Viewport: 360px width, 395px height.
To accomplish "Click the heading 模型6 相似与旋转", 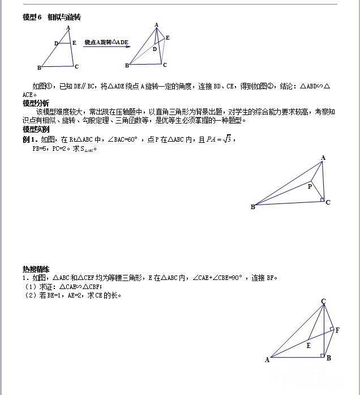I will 52,17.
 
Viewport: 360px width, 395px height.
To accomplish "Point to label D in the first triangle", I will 56,43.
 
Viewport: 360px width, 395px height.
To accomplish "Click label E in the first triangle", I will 75,43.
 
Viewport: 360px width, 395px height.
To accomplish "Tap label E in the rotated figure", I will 168,37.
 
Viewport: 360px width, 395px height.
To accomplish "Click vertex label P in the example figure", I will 309,186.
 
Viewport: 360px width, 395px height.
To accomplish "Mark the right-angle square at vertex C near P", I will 322,199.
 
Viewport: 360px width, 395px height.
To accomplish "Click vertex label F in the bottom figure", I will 338,330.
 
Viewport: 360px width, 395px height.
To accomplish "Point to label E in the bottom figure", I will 308,345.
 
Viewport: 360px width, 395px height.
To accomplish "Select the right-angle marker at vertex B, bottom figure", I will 322,355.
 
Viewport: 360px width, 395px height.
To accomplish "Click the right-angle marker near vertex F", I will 331,328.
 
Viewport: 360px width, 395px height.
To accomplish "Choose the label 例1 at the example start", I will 29,139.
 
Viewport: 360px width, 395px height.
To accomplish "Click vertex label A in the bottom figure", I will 267,359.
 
